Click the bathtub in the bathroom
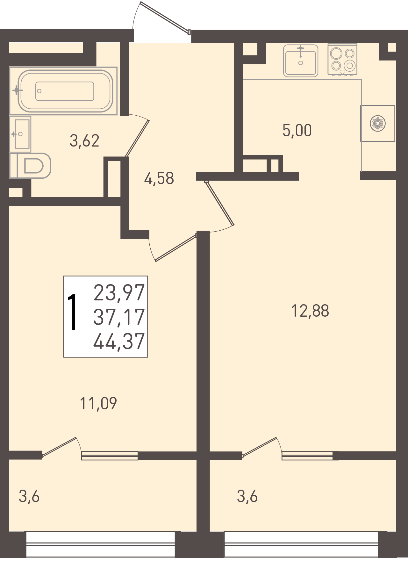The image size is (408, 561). (x=64, y=91)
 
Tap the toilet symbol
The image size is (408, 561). (x=31, y=165)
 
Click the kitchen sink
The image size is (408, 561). (x=301, y=61)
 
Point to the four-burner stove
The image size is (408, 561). (x=342, y=60)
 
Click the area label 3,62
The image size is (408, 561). (x=85, y=140)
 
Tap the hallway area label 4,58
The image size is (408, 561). (x=159, y=178)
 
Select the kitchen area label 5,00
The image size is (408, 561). (x=297, y=130)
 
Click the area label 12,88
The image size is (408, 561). (x=310, y=311)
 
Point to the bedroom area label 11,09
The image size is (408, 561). (x=98, y=403)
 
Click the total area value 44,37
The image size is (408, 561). (x=119, y=341)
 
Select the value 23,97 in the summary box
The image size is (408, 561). (x=119, y=293)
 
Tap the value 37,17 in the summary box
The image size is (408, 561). (x=119, y=317)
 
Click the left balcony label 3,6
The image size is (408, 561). (x=29, y=496)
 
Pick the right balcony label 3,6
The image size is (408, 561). (x=247, y=496)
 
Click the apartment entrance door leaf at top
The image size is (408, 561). (x=165, y=18)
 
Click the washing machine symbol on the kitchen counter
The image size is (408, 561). (x=378, y=123)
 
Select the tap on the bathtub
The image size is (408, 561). (x=17, y=90)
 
